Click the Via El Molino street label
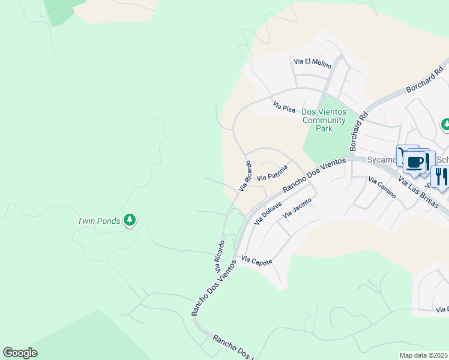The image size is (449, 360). coord(312,61)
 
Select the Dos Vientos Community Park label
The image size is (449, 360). coord(324,120)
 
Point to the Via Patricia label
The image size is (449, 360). coord(273,173)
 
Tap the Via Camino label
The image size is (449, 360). coord(382,188)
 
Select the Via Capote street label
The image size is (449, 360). coord(257,260)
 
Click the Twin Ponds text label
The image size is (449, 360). coord(98,221)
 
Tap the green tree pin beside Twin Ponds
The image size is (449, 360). coord(129,220)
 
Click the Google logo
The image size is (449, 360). coord(20,353)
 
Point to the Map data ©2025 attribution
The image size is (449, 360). coord(424,355)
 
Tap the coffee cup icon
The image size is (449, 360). coord(415,161)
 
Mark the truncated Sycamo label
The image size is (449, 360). coord(382,160)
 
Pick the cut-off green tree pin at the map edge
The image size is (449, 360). coord(445,125)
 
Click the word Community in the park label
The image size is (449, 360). coord(324,120)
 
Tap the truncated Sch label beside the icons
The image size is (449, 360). coord(442,160)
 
